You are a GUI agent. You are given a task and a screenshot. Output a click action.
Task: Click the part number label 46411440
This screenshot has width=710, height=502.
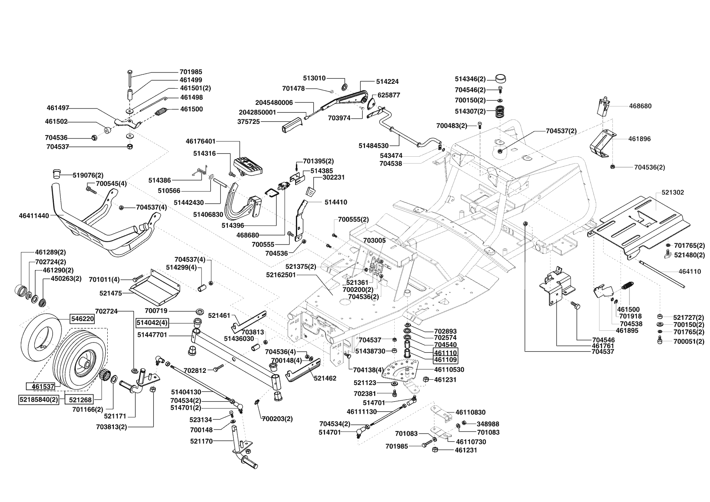pyautogui.click(x=34, y=216)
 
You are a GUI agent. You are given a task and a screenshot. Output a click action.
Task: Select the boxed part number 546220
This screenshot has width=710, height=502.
pyautogui.click(x=83, y=319)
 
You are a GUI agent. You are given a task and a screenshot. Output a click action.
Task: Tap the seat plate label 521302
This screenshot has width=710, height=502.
pyautogui.click(x=673, y=192)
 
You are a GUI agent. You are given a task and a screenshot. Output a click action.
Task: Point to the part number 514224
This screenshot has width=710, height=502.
pyautogui.click(x=387, y=81)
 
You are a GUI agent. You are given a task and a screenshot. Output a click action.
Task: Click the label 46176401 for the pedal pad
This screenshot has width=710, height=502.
pyautogui.click(x=201, y=141)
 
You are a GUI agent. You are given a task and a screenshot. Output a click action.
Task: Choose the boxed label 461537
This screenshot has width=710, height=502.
pyautogui.click(x=43, y=387)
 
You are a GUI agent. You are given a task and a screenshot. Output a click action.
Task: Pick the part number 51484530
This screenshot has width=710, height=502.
pyautogui.click(x=373, y=145)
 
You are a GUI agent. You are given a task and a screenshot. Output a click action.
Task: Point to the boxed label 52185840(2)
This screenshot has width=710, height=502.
pyautogui.click(x=39, y=400)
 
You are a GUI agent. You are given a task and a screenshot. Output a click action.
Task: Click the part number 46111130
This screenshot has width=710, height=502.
pyautogui.click(x=362, y=411)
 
